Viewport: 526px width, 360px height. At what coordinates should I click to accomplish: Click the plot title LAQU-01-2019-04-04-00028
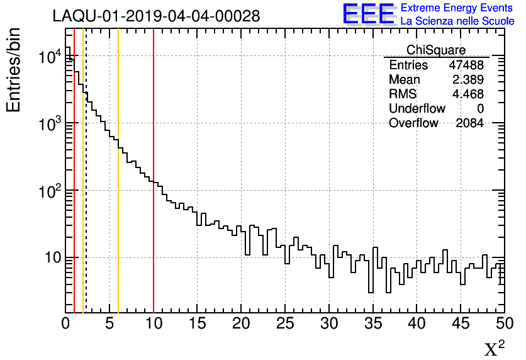156,16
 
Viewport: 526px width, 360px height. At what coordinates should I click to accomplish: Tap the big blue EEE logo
369,14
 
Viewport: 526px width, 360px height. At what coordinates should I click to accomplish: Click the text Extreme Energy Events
457,8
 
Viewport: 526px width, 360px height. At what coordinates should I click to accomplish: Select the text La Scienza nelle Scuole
457,21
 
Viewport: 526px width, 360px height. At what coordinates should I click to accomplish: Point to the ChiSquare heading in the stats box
436,50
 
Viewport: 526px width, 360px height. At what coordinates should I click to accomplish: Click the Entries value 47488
466,65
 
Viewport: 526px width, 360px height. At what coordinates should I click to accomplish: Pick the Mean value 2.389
467,80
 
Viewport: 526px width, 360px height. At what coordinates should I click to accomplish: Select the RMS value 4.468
467,94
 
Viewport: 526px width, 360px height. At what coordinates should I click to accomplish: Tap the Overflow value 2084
469,123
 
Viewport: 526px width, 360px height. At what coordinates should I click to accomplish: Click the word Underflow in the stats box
417,109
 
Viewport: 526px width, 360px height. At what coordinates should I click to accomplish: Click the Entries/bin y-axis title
14,70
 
